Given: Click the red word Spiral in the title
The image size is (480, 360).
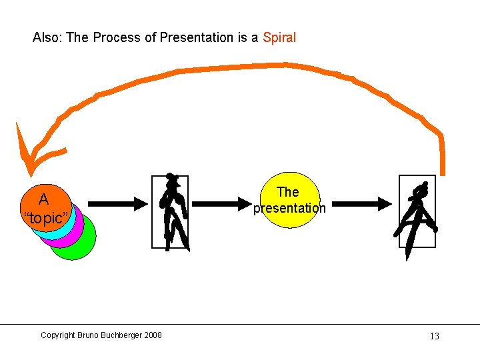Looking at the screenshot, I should [279, 38].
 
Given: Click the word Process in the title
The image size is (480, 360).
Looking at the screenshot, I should [115, 38].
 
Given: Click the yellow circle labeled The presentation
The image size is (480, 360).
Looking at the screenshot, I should [288, 200].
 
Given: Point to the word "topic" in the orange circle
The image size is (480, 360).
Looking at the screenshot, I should [45, 218].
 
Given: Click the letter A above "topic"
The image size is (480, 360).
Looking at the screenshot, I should [43, 199].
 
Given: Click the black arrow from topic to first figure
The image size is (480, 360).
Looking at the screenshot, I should [117, 203].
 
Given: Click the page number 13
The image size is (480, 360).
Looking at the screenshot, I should [434, 336].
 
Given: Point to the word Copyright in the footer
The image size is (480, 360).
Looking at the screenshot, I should [57, 335].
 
